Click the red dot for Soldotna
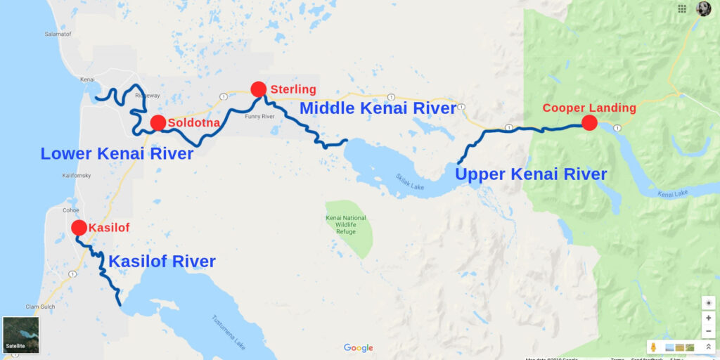pos(158,123)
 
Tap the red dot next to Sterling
pos(258,89)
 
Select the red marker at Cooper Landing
pos(589,123)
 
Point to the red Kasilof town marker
pos(79,228)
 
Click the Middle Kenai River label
pos(378,108)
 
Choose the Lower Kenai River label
pos(117,153)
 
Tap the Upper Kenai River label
pos(531,174)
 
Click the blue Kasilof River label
pos(162,262)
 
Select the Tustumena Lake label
pos(229,332)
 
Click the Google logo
pos(359,348)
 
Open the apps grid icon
pos(682,8)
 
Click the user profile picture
pos(703,8)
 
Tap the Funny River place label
pos(257,117)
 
